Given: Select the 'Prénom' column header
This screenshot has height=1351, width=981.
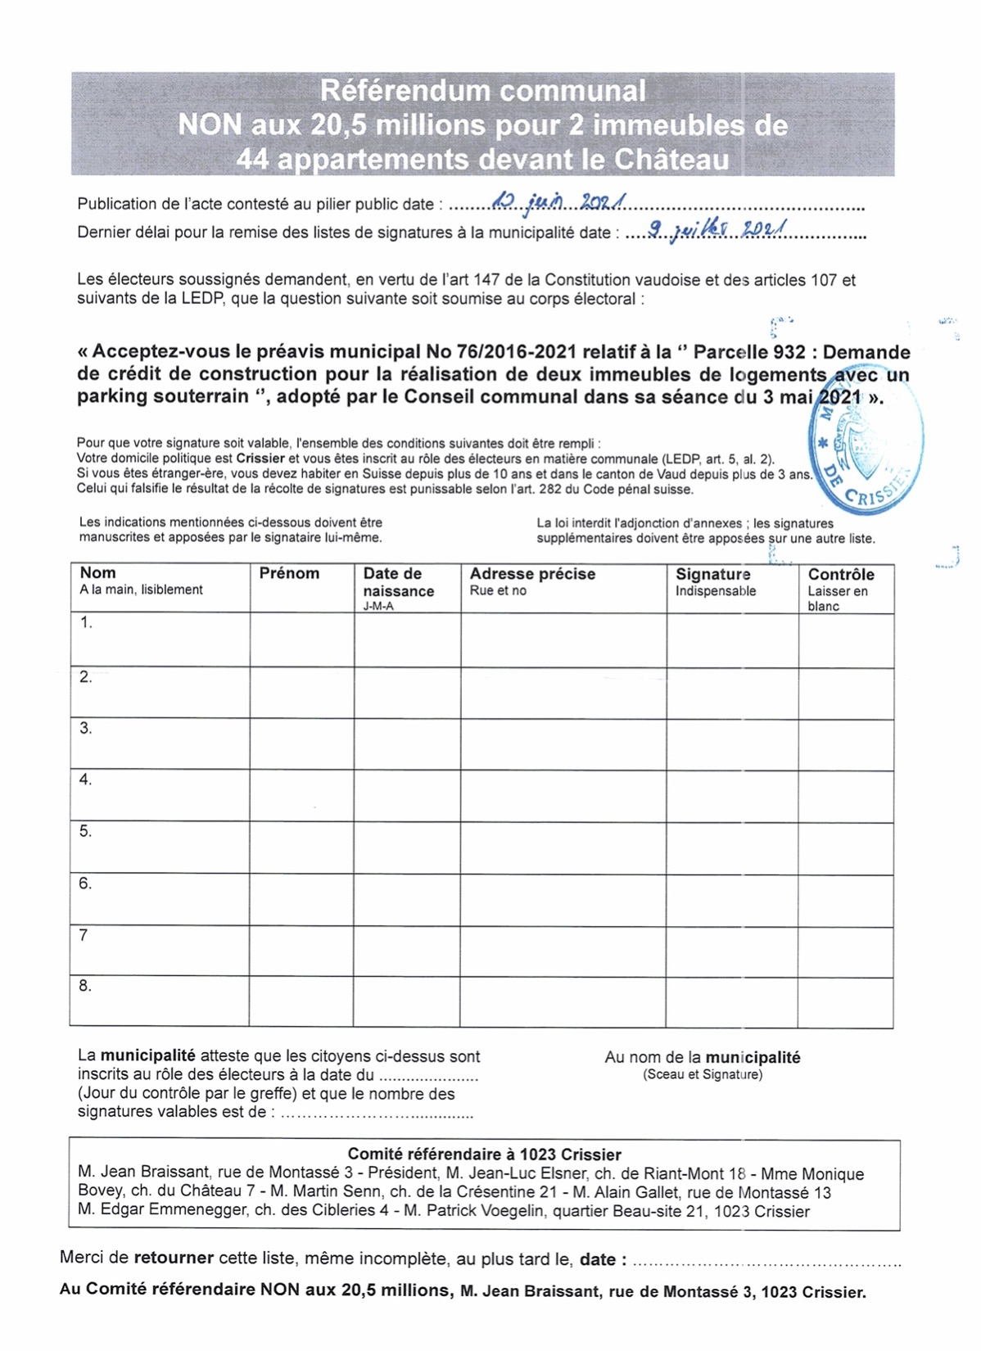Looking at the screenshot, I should tap(289, 573).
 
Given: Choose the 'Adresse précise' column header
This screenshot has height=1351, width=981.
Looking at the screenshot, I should tap(532, 574).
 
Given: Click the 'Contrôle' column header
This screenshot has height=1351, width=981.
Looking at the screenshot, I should tap(841, 575).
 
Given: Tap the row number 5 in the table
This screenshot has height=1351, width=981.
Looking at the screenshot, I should tap(85, 831).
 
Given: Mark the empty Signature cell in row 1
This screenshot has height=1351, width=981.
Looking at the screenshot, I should tap(732, 640).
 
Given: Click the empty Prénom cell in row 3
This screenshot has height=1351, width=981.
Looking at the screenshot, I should tap(301, 743).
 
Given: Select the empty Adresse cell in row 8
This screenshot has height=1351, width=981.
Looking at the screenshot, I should tap(563, 1001).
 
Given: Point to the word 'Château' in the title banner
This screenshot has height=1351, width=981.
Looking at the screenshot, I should tap(671, 159).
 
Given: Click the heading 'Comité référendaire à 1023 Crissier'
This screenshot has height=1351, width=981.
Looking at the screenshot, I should tap(484, 1154).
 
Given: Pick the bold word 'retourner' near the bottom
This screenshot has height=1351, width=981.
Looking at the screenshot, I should tap(174, 1258).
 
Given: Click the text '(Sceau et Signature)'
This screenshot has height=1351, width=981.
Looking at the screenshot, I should tap(703, 1074).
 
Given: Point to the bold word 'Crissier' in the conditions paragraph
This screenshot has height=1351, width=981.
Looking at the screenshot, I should tap(260, 459).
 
